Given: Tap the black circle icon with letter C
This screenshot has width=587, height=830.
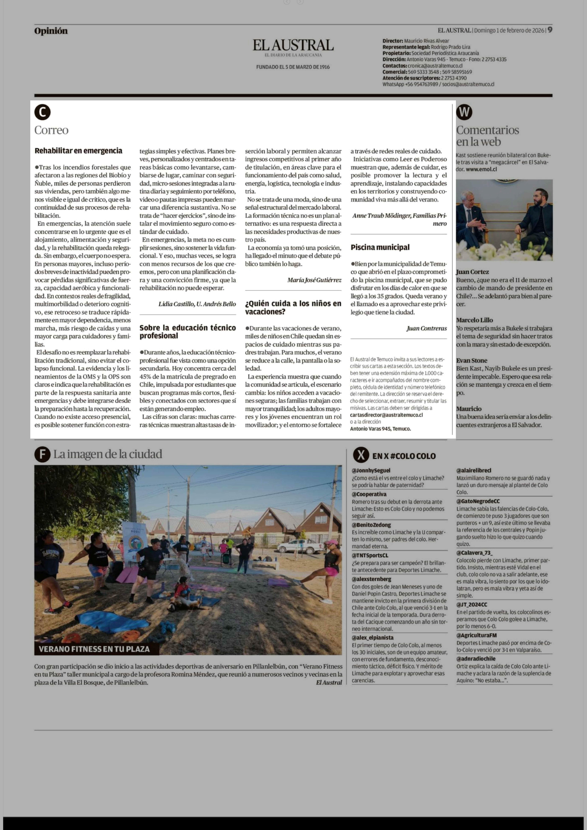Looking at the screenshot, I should (x=42, y=112).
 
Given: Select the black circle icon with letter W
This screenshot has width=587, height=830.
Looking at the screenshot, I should (x=464, y=112).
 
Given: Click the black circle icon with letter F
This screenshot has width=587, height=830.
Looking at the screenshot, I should (x=42, y=454).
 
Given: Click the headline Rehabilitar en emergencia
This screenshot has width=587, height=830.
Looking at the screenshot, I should (x=78, y=151).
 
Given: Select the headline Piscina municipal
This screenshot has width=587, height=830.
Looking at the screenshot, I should (x=380, y=247).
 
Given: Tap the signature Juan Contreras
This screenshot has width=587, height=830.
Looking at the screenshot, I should (x=427, y=328).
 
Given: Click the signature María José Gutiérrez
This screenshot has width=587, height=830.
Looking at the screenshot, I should (x=314, y=280).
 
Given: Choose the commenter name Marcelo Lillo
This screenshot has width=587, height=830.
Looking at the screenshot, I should (x=474, y=320).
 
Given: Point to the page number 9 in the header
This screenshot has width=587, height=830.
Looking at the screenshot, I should (x=550, y=30).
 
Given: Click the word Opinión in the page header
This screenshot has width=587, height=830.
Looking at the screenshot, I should (x=51, y=31).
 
